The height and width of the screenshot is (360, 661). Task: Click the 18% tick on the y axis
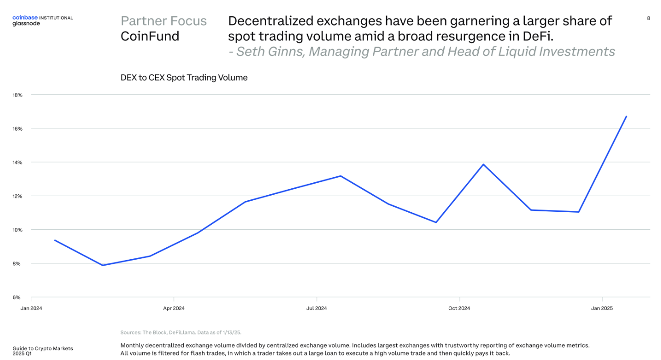click(x=17, y=95)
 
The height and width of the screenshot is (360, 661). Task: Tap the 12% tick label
click(x=17, y=196)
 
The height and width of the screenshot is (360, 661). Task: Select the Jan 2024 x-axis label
click(x=31, y=308)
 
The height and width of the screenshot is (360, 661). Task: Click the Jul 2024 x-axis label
click(x=316, y=308)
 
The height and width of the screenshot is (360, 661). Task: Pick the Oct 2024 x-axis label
click(x=459, y=308)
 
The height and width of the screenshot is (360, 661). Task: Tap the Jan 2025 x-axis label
click(x=602, y=308)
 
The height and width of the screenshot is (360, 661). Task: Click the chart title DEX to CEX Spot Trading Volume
click(x=184, y=78)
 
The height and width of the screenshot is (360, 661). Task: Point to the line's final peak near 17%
click(x=626, y=116)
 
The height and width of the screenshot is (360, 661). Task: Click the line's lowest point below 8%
click(x=102, y=265)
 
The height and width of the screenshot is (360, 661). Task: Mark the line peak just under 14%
click(x=483, y=164)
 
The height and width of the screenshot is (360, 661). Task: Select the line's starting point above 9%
click(x=55, y=240)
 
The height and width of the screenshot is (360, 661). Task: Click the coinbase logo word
click(x=25, y=17)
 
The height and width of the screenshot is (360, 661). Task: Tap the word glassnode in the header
click(x=26, y=23)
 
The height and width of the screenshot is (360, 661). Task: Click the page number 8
click(x=649, y=18)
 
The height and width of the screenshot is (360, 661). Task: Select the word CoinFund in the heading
click(x=150, y=36)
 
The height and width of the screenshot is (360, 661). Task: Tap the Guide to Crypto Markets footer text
click(x=42, y=348)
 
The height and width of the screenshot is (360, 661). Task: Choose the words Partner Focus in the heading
click(x=163, y=21)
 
